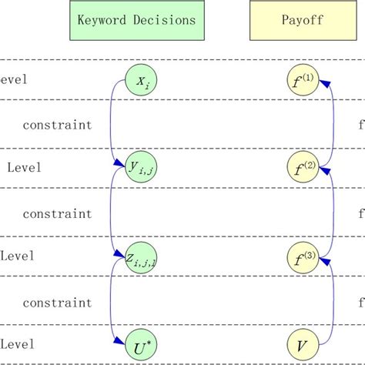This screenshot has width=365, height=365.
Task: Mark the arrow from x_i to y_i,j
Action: tap(112, 123)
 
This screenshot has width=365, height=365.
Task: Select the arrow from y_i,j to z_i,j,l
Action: tap(112, 211)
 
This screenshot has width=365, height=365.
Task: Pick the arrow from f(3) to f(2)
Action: tap(332, 212)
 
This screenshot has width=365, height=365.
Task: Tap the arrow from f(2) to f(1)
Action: tap(332, 123)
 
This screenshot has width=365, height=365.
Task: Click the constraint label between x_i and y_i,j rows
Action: tap(56, 125)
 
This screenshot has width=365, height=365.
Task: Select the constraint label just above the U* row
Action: tap(56, 303)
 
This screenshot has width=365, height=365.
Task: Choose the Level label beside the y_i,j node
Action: tap(23, 167)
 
